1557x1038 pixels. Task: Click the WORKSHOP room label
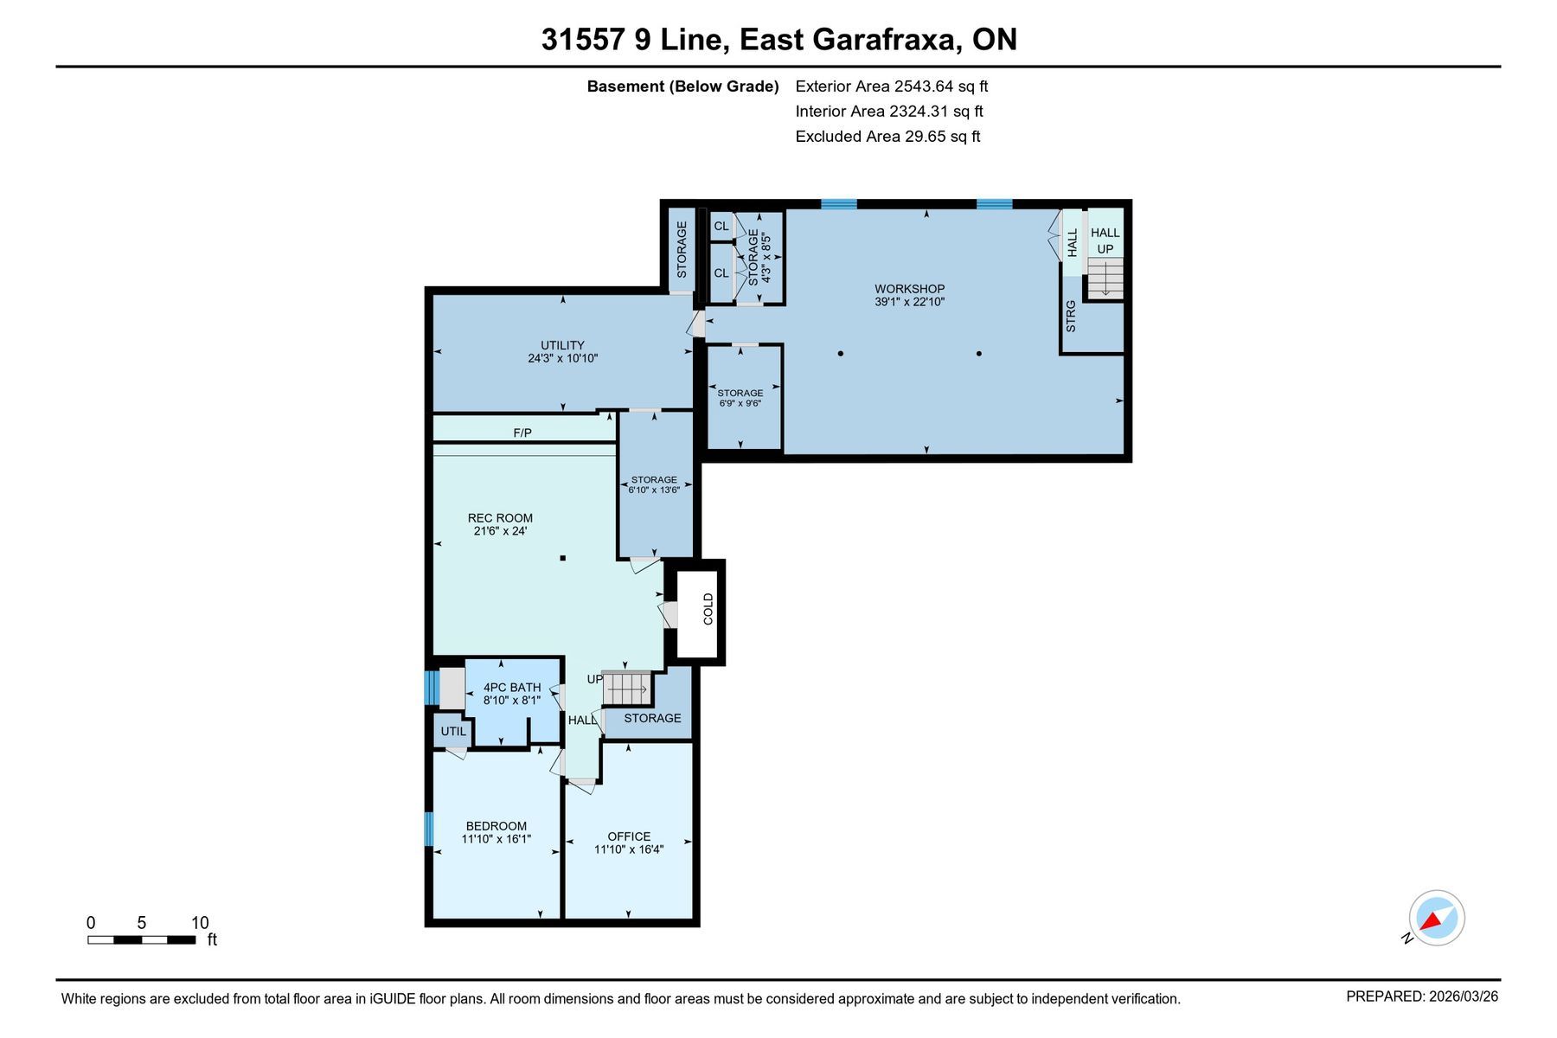(x=909, y=289)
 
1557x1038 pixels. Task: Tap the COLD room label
(x=708, y=609)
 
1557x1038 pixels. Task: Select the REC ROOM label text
(x=500, y=518)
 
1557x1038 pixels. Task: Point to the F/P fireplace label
(x=522, y=432)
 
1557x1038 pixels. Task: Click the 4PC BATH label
(x=512, y=688)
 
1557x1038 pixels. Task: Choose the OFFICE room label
(x=629, y=836)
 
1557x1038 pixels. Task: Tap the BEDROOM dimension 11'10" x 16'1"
(x=496, y=839)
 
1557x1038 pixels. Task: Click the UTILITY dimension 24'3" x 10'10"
(x=563, y=358)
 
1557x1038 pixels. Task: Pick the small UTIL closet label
(x=453, y=732)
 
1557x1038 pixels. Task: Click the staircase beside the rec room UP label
(x=625, y=689)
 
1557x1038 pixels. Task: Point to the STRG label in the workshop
(x=1071, y=317)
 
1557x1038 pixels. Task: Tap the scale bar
(x=141, y=939)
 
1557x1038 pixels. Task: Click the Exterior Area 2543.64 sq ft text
(x=891, y=86)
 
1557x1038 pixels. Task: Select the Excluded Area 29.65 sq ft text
(x=887, y=137)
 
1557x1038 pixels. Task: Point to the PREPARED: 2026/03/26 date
(x=1422, y=996)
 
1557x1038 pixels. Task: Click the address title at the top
(x=778, y=40)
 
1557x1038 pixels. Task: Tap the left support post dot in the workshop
(x=840, y=353)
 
